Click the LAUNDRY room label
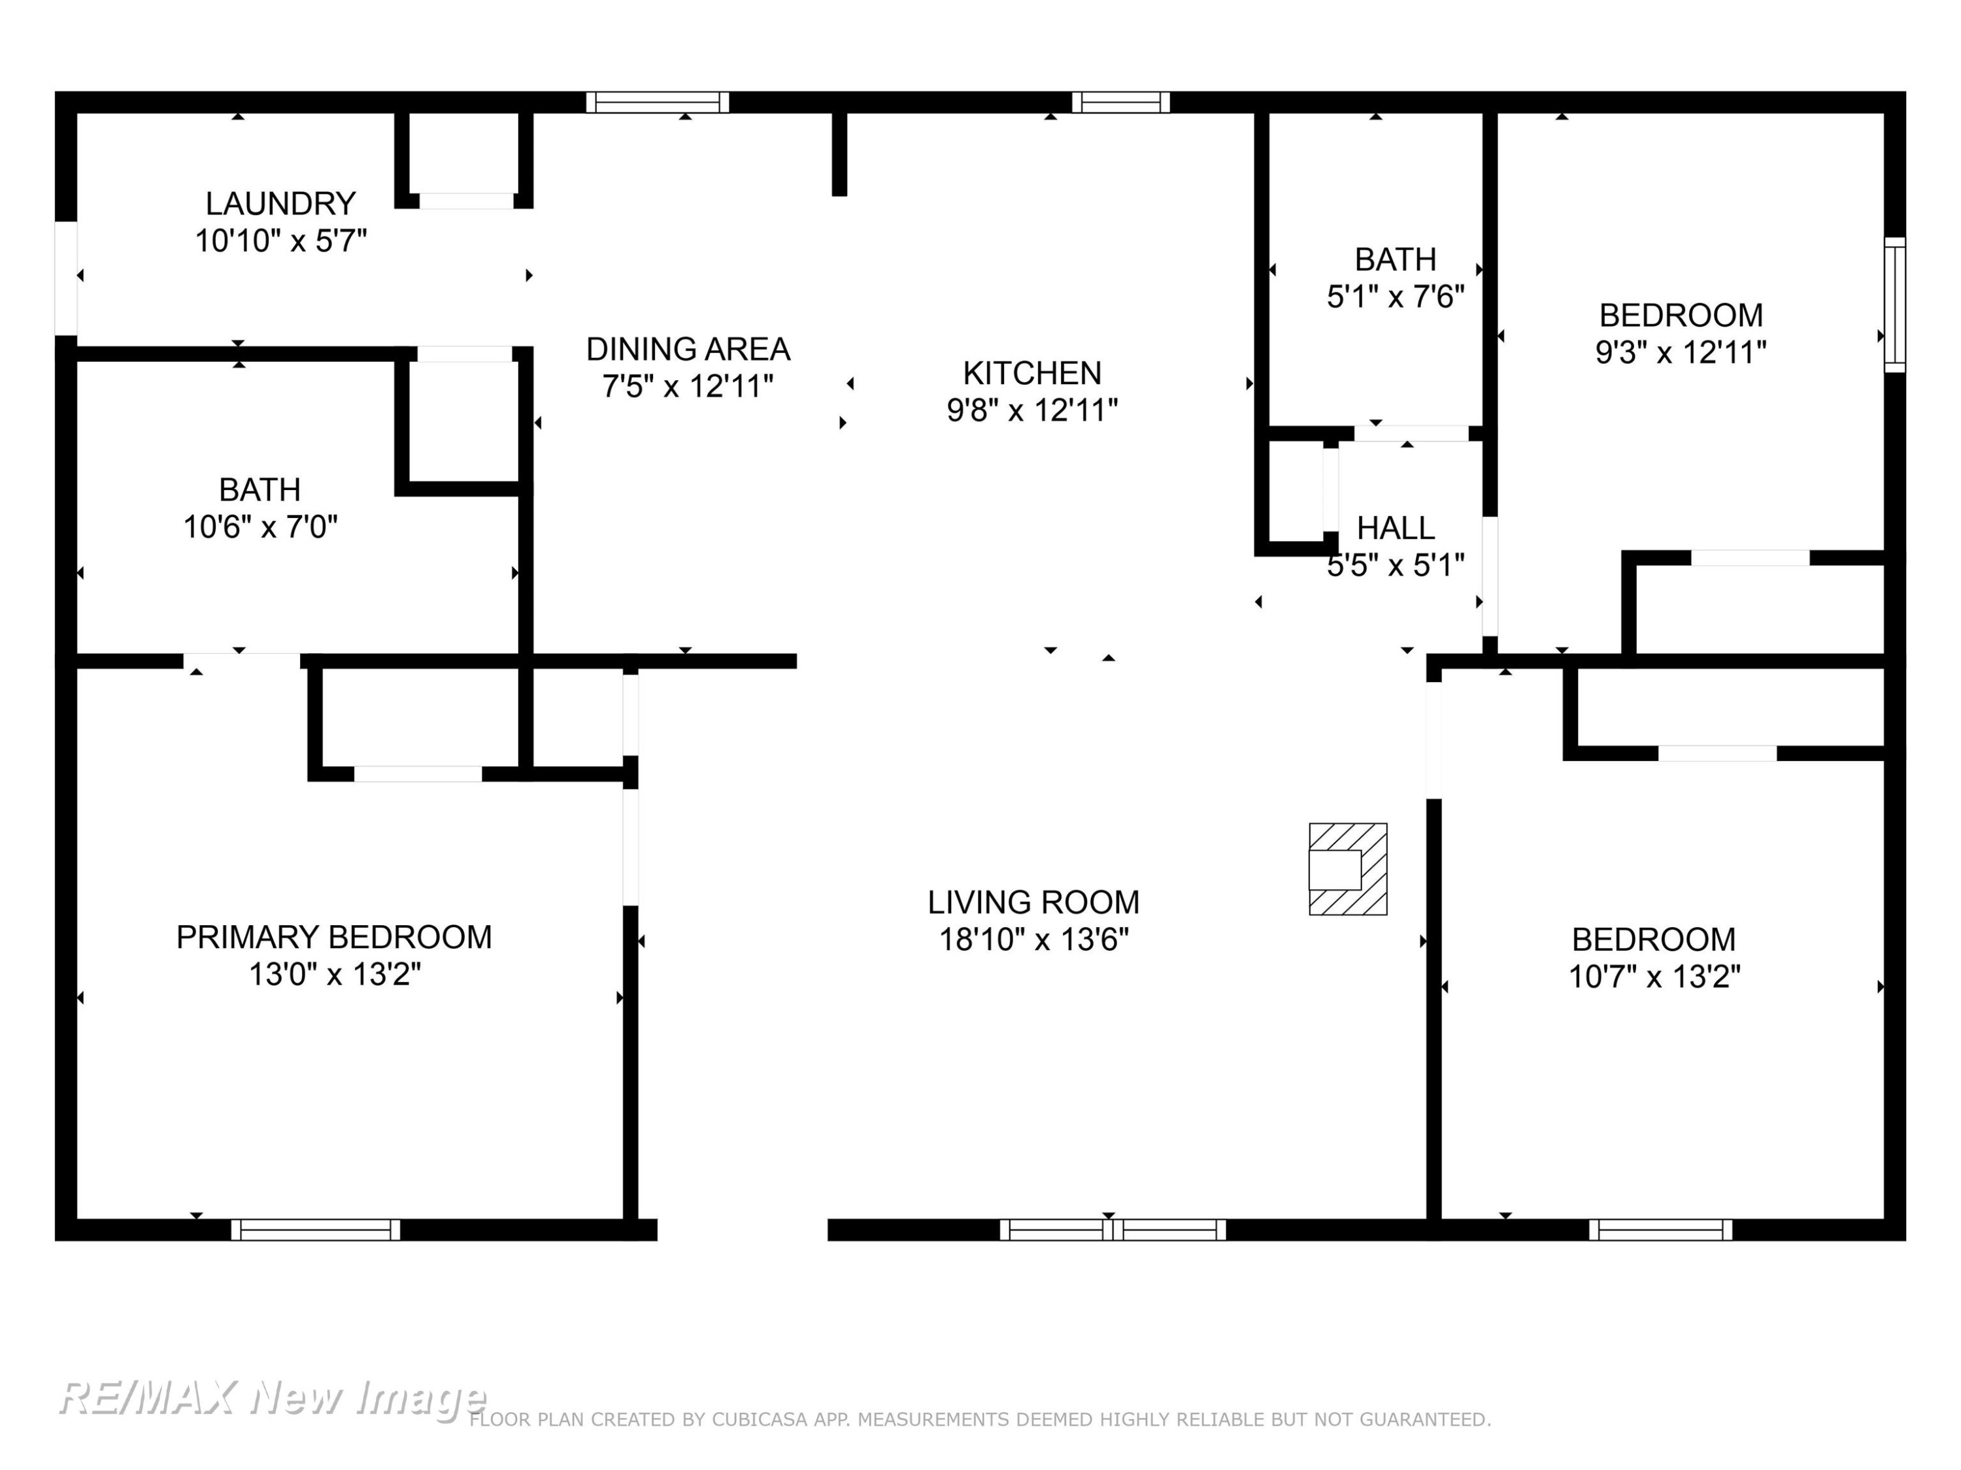[280, 204]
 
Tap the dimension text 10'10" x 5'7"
[280, 241]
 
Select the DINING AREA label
[688, 349]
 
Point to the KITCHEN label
[1032, 373]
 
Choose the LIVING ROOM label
[1033, 902]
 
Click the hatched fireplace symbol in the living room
[1347, 868]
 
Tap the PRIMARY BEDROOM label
[334, 938]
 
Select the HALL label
[1396, 528]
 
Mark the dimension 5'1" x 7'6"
[1396, 297]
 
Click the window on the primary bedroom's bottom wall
[316, 1229]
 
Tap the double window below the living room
[1113, 1229]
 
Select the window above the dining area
[658, 102]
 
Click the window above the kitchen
[1120, 102]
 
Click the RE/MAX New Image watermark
[272, 1398]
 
